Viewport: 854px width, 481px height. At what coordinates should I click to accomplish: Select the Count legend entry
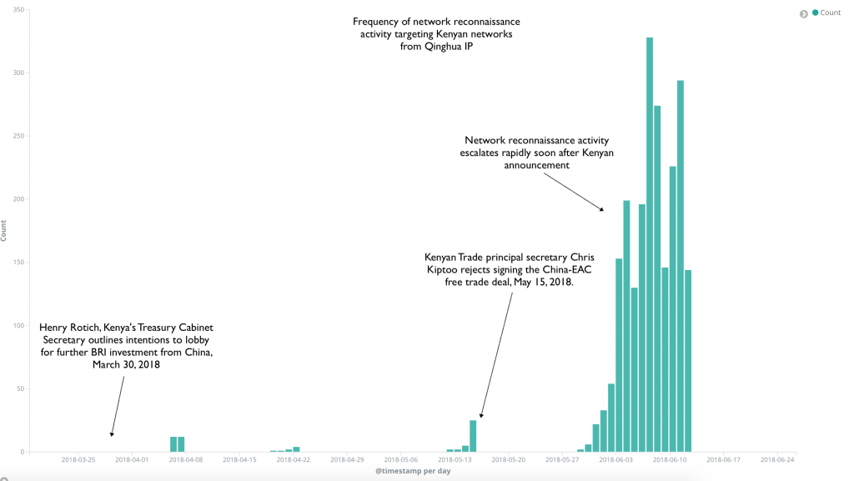pyautogui.click(x=830, y=13)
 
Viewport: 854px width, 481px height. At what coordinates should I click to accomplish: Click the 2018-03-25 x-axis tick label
pyautogui.click(x=78, y=458)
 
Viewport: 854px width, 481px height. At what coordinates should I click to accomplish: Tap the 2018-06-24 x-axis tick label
pyautogui.click(x=776, y=458)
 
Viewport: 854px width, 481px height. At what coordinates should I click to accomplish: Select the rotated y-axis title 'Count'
pyautogui.click(x=4, y=232)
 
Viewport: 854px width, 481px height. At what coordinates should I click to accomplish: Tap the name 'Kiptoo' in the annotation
pyautogui.click(x=443, y=270)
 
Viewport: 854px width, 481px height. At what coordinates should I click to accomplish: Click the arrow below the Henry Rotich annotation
pyautogui.click(x=117, y=406)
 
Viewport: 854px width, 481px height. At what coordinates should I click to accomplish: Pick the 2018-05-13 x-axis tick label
pyautogui.click(x=455, y=458)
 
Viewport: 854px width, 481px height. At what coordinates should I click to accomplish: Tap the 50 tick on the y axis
pyautogui.click(x=22, y=388)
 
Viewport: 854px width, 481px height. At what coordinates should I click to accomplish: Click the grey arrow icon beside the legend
pyautogui.click(x=804, y=13)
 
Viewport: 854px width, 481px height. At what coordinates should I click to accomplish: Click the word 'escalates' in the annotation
pyautogui.click(x=484, y=153)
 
